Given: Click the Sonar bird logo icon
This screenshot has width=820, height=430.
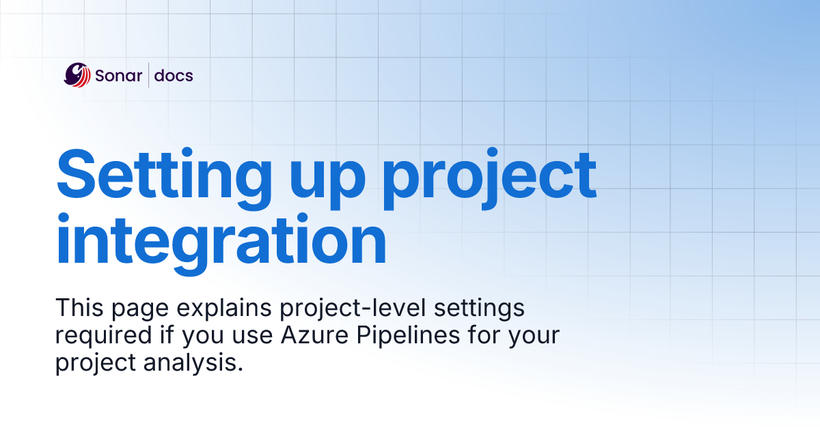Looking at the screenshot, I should pos(77,75).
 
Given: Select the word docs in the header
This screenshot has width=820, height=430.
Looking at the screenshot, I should pos(174,76).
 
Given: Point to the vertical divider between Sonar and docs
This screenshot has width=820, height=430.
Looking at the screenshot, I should pos(148,75).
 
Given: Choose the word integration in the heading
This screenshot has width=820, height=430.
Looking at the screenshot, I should pos(221,242).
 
